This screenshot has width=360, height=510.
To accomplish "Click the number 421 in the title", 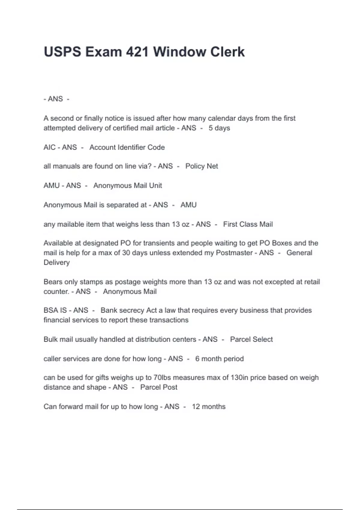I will point(137,52).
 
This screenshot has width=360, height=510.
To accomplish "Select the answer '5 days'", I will point(219,128).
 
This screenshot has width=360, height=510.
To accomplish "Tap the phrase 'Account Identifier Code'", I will point(127,147).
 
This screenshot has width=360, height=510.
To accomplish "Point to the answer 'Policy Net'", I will point(202,166).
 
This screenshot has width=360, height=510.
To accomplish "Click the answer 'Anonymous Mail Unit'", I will point(127,186).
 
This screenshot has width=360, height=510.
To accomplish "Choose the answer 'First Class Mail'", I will point(248,224).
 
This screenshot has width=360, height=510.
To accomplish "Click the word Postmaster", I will point(234,253).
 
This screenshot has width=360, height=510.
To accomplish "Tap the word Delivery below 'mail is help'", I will point(57,262).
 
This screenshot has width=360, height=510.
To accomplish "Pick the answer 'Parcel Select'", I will point(251,339).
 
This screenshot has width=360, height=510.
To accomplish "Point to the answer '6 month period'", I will point(219,359).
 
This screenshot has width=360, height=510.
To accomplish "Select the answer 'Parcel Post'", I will point(159,387).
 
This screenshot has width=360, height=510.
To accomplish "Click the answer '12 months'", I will point(208,407).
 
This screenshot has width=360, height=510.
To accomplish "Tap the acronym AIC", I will point(49,147).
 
